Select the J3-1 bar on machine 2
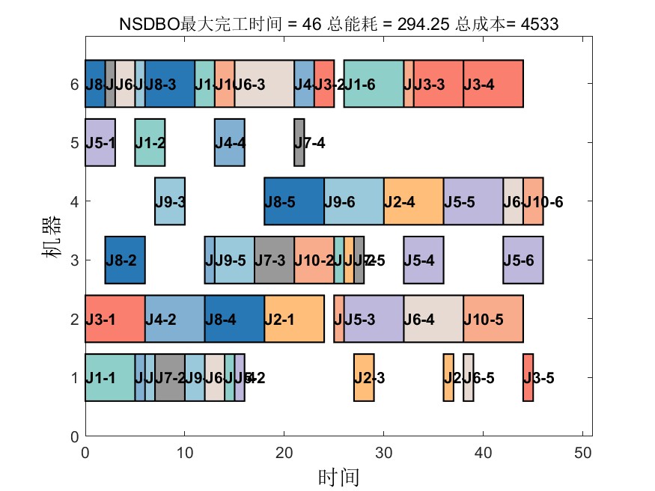coord(115,319)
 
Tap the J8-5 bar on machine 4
coord(294,201)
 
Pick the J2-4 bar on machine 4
coord(413,201)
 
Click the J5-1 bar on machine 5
coord(100,142)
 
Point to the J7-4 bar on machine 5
coord(299,142)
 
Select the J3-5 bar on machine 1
coord(528,377)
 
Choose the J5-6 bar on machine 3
coord(523,260)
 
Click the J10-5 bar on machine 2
coord(493,319)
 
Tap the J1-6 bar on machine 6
coord(374,84)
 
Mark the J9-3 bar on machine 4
coord(170,201)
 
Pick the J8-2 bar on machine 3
coord(125,260)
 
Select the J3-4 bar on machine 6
coord(493,84)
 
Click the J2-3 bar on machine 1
coord(364,377)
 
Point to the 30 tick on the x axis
coord(384,436)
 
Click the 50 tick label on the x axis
coord(582,451)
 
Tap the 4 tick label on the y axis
coord(73,201)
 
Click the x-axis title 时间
coord(333,476)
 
